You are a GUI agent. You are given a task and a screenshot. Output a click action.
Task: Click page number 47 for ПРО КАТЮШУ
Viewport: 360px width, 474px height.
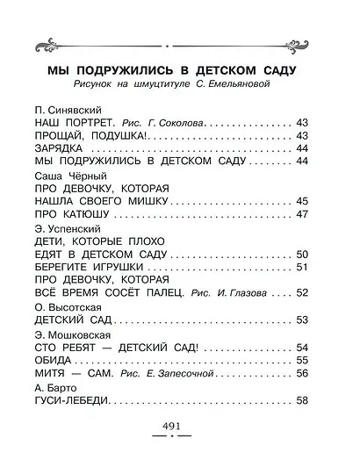304,214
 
